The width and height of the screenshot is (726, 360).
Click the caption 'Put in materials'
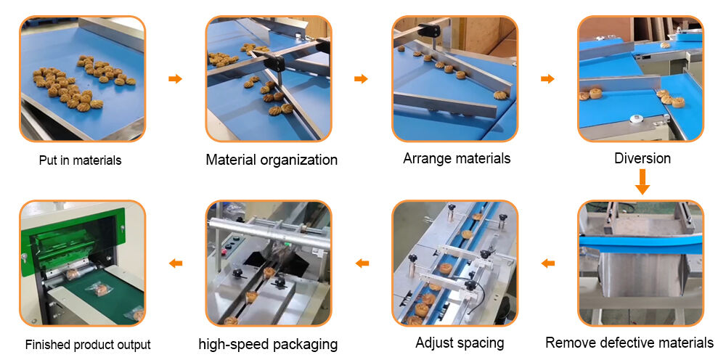click(80, 160)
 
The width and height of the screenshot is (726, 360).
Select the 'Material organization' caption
click(272, 160)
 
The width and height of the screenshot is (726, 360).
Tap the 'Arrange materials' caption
click(457, 158)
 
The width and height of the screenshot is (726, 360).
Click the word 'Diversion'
click(643, 158)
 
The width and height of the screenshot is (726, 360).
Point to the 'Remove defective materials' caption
click(629, 343)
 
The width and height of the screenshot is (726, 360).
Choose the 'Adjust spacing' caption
click(460, 343)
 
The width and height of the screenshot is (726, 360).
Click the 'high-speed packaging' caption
click(268, 344)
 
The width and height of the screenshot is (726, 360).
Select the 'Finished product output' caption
click(88, 345)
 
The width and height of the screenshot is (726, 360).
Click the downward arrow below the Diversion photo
click(643, 182)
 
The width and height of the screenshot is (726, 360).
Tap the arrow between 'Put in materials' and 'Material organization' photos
click(175, 78)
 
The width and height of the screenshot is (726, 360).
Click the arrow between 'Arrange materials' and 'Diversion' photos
click(547, 78)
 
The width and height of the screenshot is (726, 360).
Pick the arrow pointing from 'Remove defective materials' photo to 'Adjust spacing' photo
click(547, 263)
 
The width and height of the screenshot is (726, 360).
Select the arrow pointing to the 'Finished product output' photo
click(175, 263)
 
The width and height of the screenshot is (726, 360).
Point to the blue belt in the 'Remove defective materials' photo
click(641, 245)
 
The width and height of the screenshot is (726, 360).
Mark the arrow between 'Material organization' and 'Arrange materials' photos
click(361, 78)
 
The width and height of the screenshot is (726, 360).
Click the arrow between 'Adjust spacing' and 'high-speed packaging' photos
click(362, 263)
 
